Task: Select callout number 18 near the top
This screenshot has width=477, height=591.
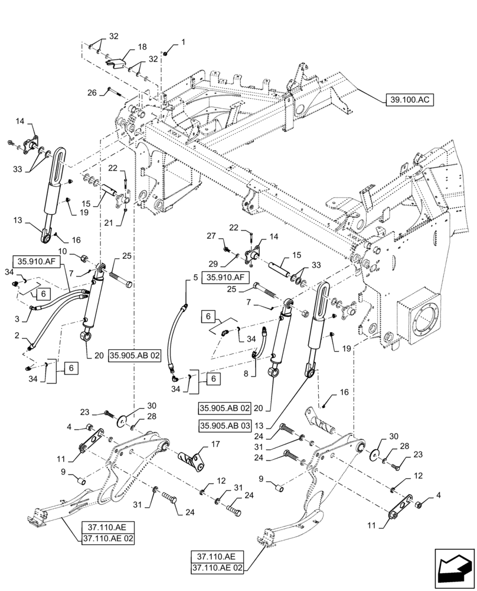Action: (142, 46)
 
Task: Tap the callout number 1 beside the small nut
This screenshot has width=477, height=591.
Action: (182, 42)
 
